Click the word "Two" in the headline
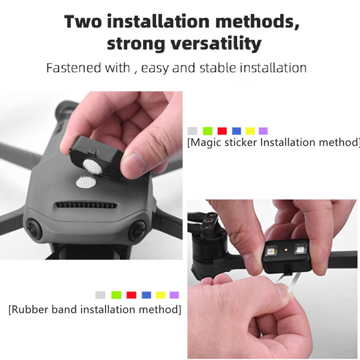83,21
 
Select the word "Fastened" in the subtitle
73,68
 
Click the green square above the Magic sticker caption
208,131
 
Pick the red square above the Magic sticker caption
222,131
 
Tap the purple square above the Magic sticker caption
263,131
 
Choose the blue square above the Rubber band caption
146,295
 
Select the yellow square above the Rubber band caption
160,295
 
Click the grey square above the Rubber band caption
100,295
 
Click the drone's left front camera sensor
35,228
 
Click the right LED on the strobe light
301,249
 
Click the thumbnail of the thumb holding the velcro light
131,161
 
